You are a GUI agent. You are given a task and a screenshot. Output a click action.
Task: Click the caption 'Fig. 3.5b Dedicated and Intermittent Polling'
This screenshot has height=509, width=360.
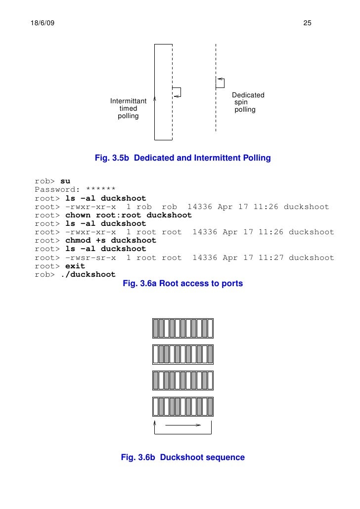(x=182, y=159)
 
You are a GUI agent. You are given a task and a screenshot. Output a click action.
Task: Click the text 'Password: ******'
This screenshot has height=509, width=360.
(x=75, y=190)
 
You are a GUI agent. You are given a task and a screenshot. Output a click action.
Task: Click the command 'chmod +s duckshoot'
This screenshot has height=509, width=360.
(x=111, y=240)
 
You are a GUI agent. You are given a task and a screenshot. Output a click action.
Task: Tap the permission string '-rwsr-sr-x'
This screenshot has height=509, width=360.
(x=90, y=257)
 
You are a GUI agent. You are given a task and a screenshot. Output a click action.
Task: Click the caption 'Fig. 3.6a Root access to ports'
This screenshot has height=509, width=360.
(x=182, y=284)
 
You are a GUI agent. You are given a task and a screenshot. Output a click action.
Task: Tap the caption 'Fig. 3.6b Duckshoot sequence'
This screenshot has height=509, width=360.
(x=182, y=458)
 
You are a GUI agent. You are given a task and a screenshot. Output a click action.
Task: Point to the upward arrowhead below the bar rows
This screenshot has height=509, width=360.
(x=155, y=424)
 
